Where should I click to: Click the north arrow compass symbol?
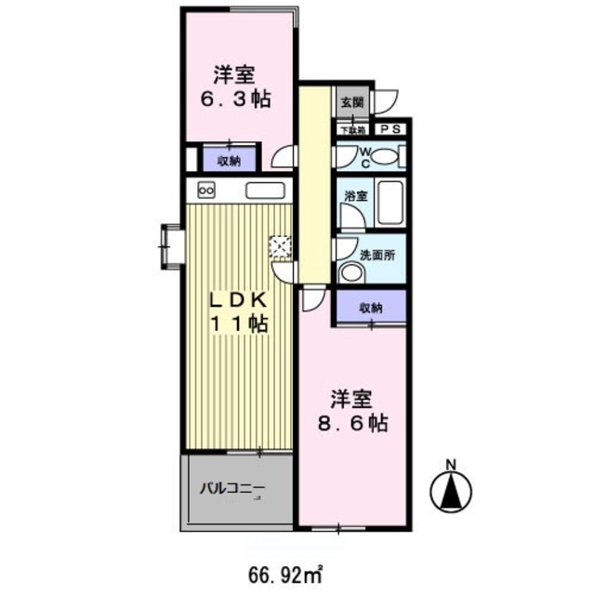pos(450,486)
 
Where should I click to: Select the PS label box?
pos(390,130)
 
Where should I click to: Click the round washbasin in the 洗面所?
pos(350,271)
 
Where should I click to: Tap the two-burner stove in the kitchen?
pos(206,191)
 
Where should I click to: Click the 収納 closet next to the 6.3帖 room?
pos(228,159)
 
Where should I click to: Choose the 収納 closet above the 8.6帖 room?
pos(371,307)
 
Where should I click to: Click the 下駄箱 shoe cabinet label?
pos(352,131)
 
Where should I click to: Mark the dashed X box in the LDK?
pos(280,247)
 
